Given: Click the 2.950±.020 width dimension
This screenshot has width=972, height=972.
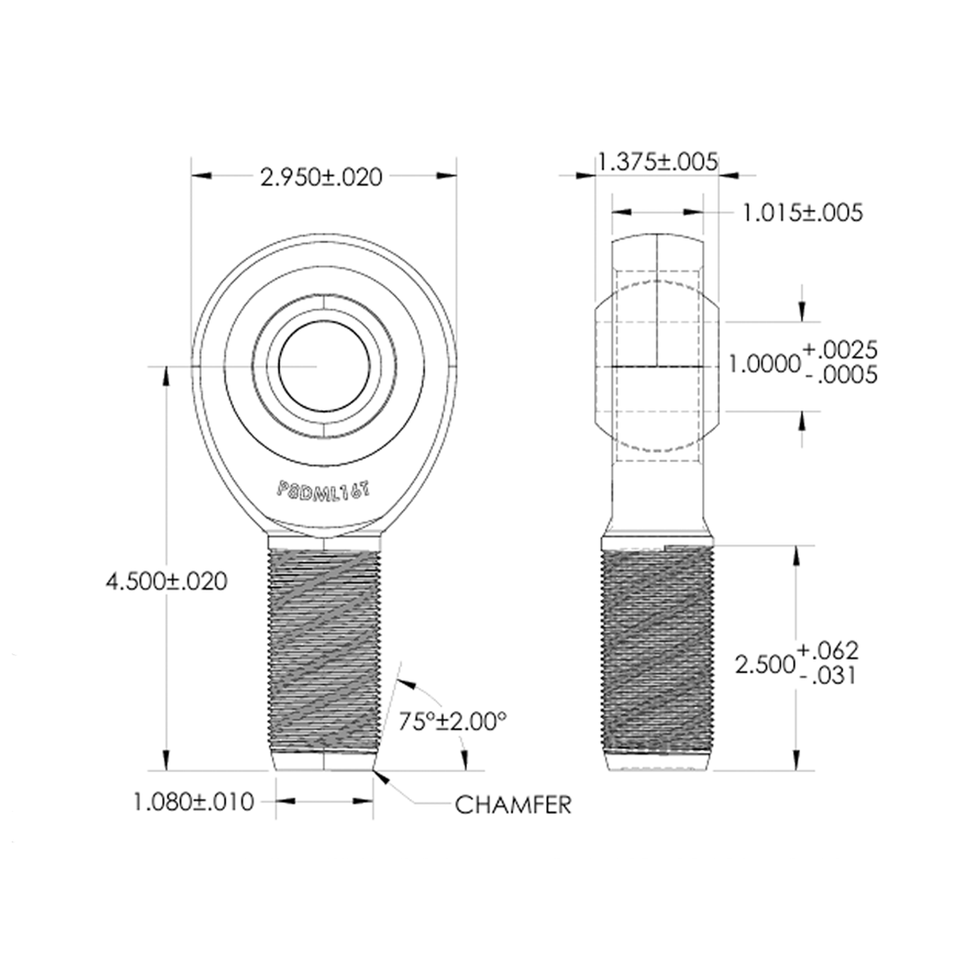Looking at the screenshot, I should (x=321, y=177).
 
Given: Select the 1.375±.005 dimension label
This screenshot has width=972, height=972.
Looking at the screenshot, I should (x=657, y=162).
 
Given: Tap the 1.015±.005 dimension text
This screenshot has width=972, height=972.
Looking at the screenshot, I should (x=802, y=213).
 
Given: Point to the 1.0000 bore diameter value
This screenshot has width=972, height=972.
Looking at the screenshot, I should (x=764, y=364).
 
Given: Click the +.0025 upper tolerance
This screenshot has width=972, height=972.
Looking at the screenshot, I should (x=840, y=349).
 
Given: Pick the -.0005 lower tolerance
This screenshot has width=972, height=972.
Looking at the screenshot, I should (x=840, y=376).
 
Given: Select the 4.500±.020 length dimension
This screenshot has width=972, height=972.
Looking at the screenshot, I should (x=166, y=581).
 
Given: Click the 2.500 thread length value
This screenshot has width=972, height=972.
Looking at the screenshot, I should (x=764, y=664).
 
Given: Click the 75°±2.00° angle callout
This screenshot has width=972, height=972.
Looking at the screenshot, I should (x=453, y=721).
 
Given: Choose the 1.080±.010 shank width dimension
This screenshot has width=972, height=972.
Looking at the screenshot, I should (x=193, y=801).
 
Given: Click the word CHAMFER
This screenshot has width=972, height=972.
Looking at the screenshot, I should (x=513, y=805).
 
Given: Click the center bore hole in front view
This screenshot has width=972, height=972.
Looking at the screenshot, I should (x=324, y=366).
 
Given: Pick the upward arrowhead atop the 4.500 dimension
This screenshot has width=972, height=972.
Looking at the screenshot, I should (x=166, y=376).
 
